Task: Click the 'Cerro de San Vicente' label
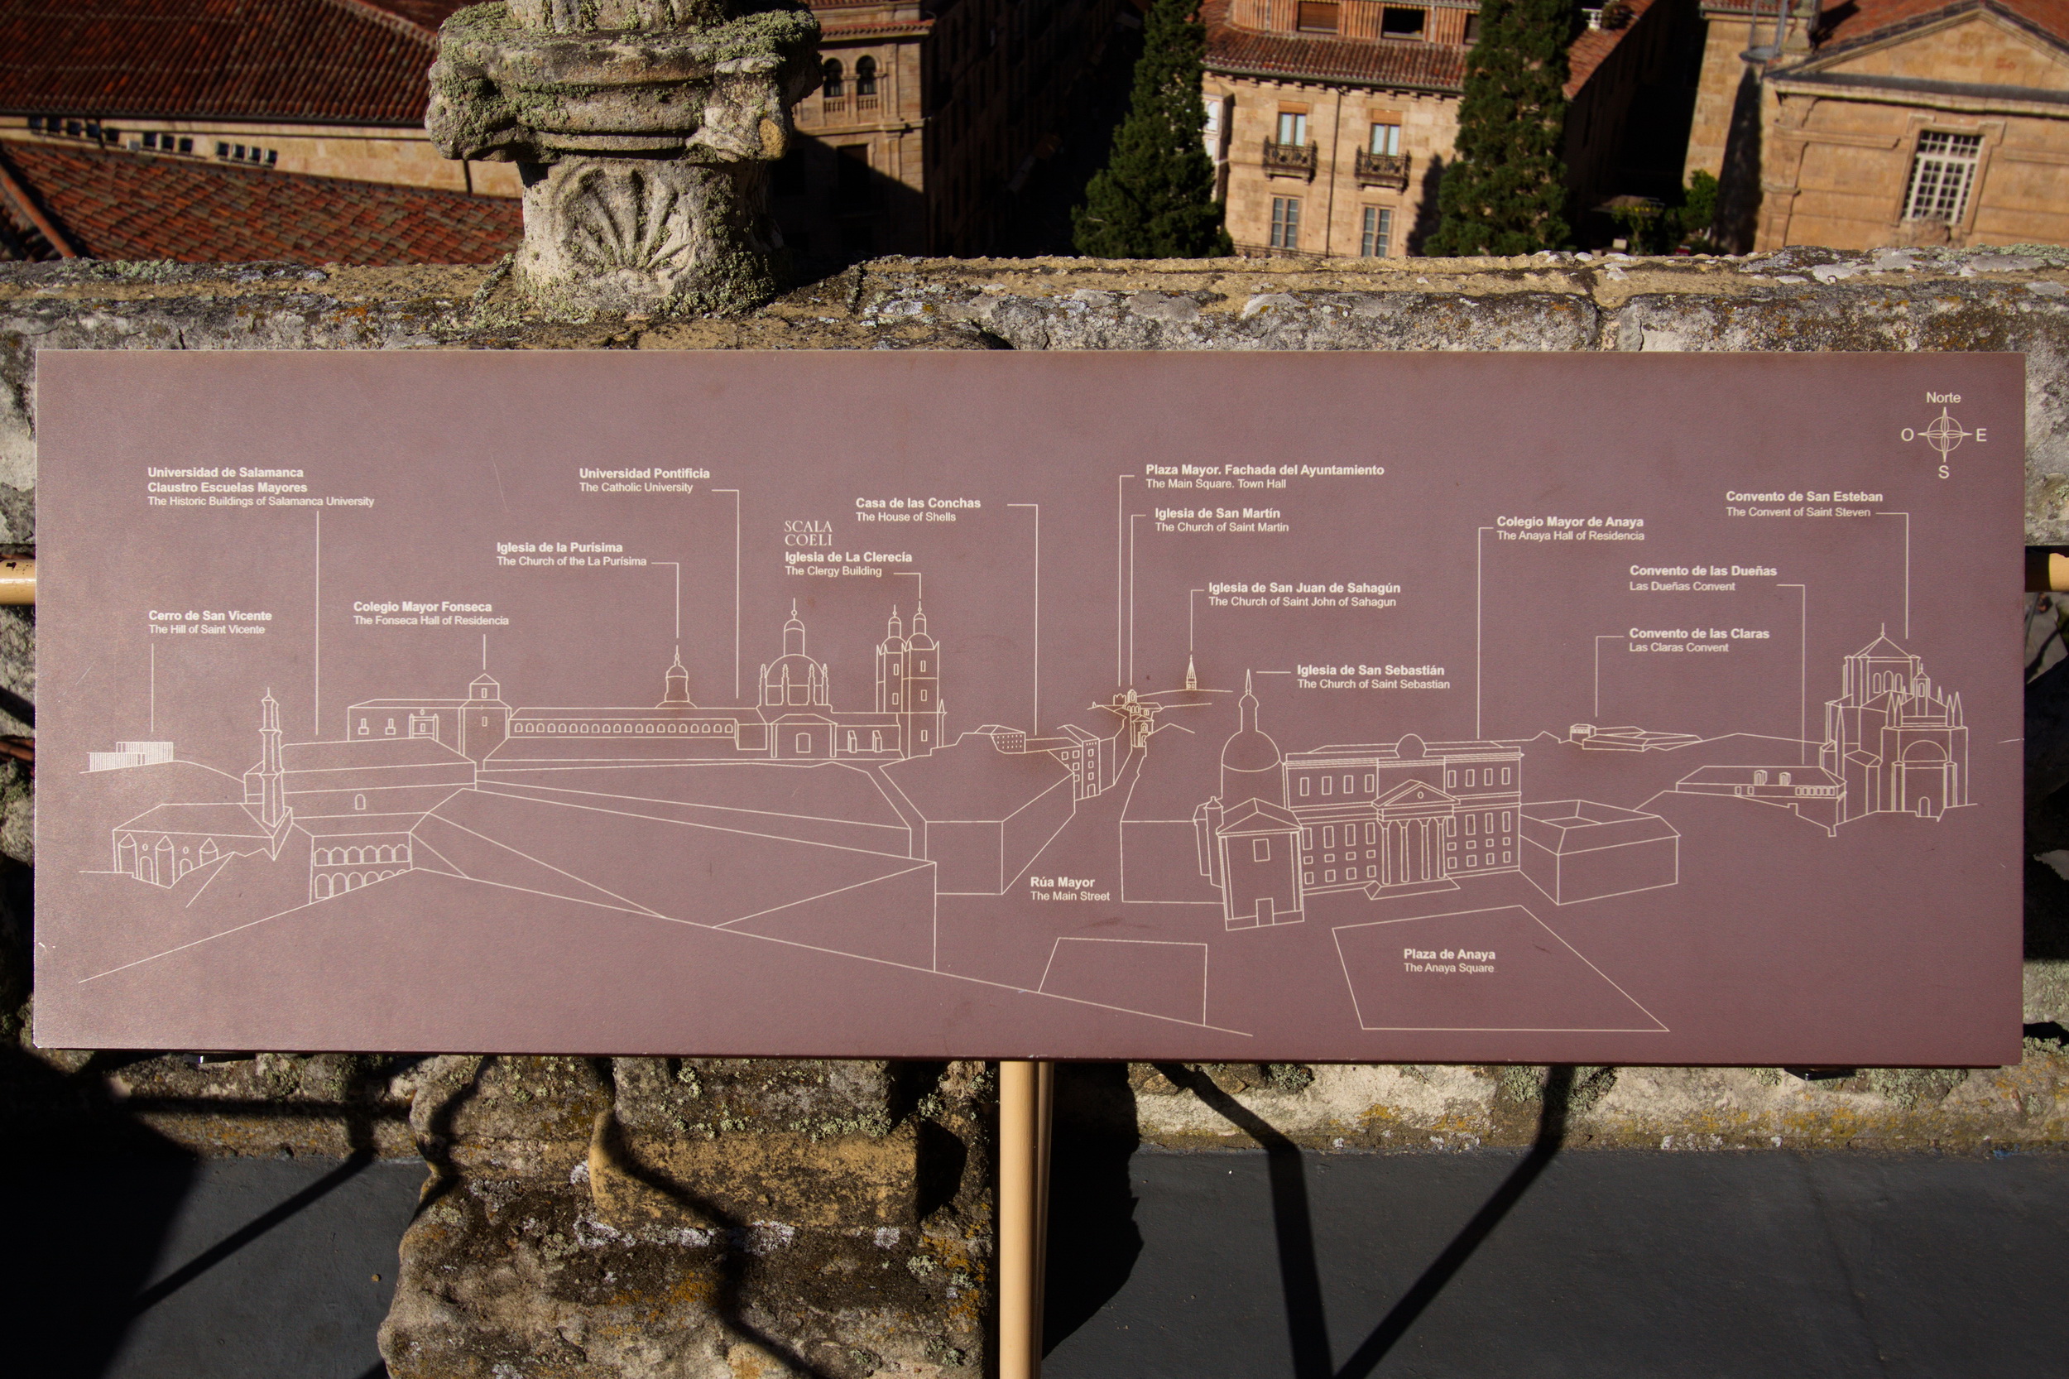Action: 209,617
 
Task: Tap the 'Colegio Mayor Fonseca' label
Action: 422,607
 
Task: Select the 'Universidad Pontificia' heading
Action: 644,473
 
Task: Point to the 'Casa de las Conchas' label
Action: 917,503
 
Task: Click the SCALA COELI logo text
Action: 807,533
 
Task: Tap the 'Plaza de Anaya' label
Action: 1448,954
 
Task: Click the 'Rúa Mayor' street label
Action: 1062,882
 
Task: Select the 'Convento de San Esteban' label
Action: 1803,497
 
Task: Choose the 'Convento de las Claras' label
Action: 1698,633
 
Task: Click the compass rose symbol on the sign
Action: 1944,435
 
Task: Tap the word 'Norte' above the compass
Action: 1942,397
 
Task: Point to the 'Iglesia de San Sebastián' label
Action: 1370,670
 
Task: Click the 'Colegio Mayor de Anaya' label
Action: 1570,521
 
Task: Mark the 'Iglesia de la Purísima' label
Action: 559,547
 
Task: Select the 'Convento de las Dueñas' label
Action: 1702,571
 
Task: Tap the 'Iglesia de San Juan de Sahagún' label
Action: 1303,588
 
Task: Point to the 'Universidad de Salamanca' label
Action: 225,473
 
